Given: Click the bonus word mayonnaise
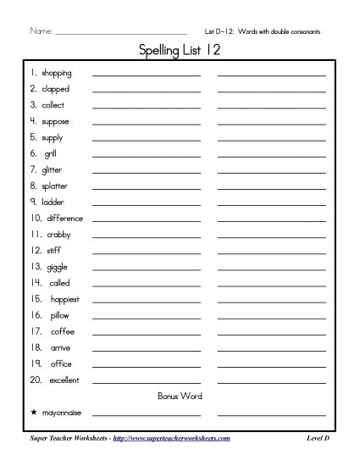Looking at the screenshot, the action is point(62,413).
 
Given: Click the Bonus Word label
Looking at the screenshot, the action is point(180,396).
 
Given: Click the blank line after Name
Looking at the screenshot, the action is point(120,34).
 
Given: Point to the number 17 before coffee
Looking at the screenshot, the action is point(35,331).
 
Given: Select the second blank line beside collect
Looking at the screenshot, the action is point(271,108).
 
